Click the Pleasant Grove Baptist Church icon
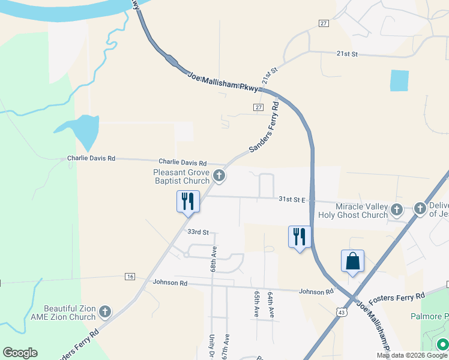click(x=220, y=176)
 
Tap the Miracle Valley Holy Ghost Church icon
click(x=396, y=209)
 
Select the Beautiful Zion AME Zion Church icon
click(x=105, y=311)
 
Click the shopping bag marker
click(x=352, y=262)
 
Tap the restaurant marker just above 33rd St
click(x=188, y=202)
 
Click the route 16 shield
click(x=130, y=276)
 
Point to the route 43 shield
click(x=341, y=312)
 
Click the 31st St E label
click(x=292, y=199)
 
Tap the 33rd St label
click(x=197, y=232)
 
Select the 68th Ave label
click(x=213, y=259)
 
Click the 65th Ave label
click(x=256, y=304)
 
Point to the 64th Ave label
click(x=271, y=305)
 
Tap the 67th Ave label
click(x=226, y=347)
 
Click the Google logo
click(x=20, y=353)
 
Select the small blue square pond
click(x=399, y=80)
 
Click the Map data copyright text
click(x=411, y=355)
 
